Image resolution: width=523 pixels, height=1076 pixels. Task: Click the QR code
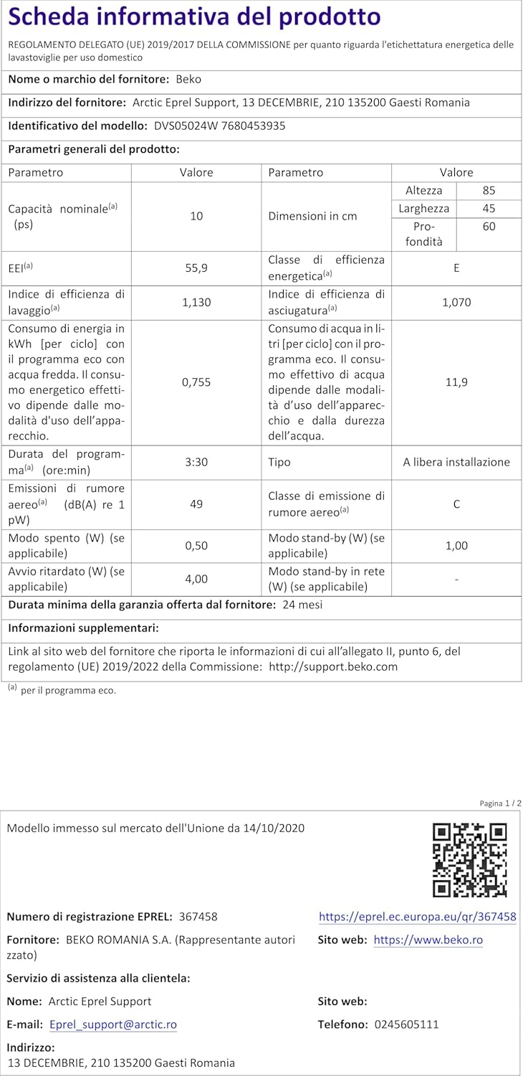point(470,859)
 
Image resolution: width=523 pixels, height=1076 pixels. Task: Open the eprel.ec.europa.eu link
point(417,917)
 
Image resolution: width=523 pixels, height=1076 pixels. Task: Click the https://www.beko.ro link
point(428,940)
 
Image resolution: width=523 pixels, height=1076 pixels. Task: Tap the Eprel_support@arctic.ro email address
point(113,1024)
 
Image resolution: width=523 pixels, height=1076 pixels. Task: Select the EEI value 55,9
point(196,268)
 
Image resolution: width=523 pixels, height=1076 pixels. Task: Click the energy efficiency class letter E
point(456,268)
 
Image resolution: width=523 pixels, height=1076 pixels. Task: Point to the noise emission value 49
point(196,504)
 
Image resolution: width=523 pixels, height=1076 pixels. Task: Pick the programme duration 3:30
point(196,462)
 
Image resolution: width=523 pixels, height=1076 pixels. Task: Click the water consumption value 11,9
point(456,382)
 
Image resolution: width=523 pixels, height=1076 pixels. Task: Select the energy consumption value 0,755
point(196,382)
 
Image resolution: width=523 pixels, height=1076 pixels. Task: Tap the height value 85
point(489,191)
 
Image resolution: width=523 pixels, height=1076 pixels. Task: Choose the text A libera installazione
point(456,462)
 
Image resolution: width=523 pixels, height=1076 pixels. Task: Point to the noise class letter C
point(456,504)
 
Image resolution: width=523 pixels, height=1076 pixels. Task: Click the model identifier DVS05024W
point(183,126)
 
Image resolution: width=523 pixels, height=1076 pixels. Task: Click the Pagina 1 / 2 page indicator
point(500,803)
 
